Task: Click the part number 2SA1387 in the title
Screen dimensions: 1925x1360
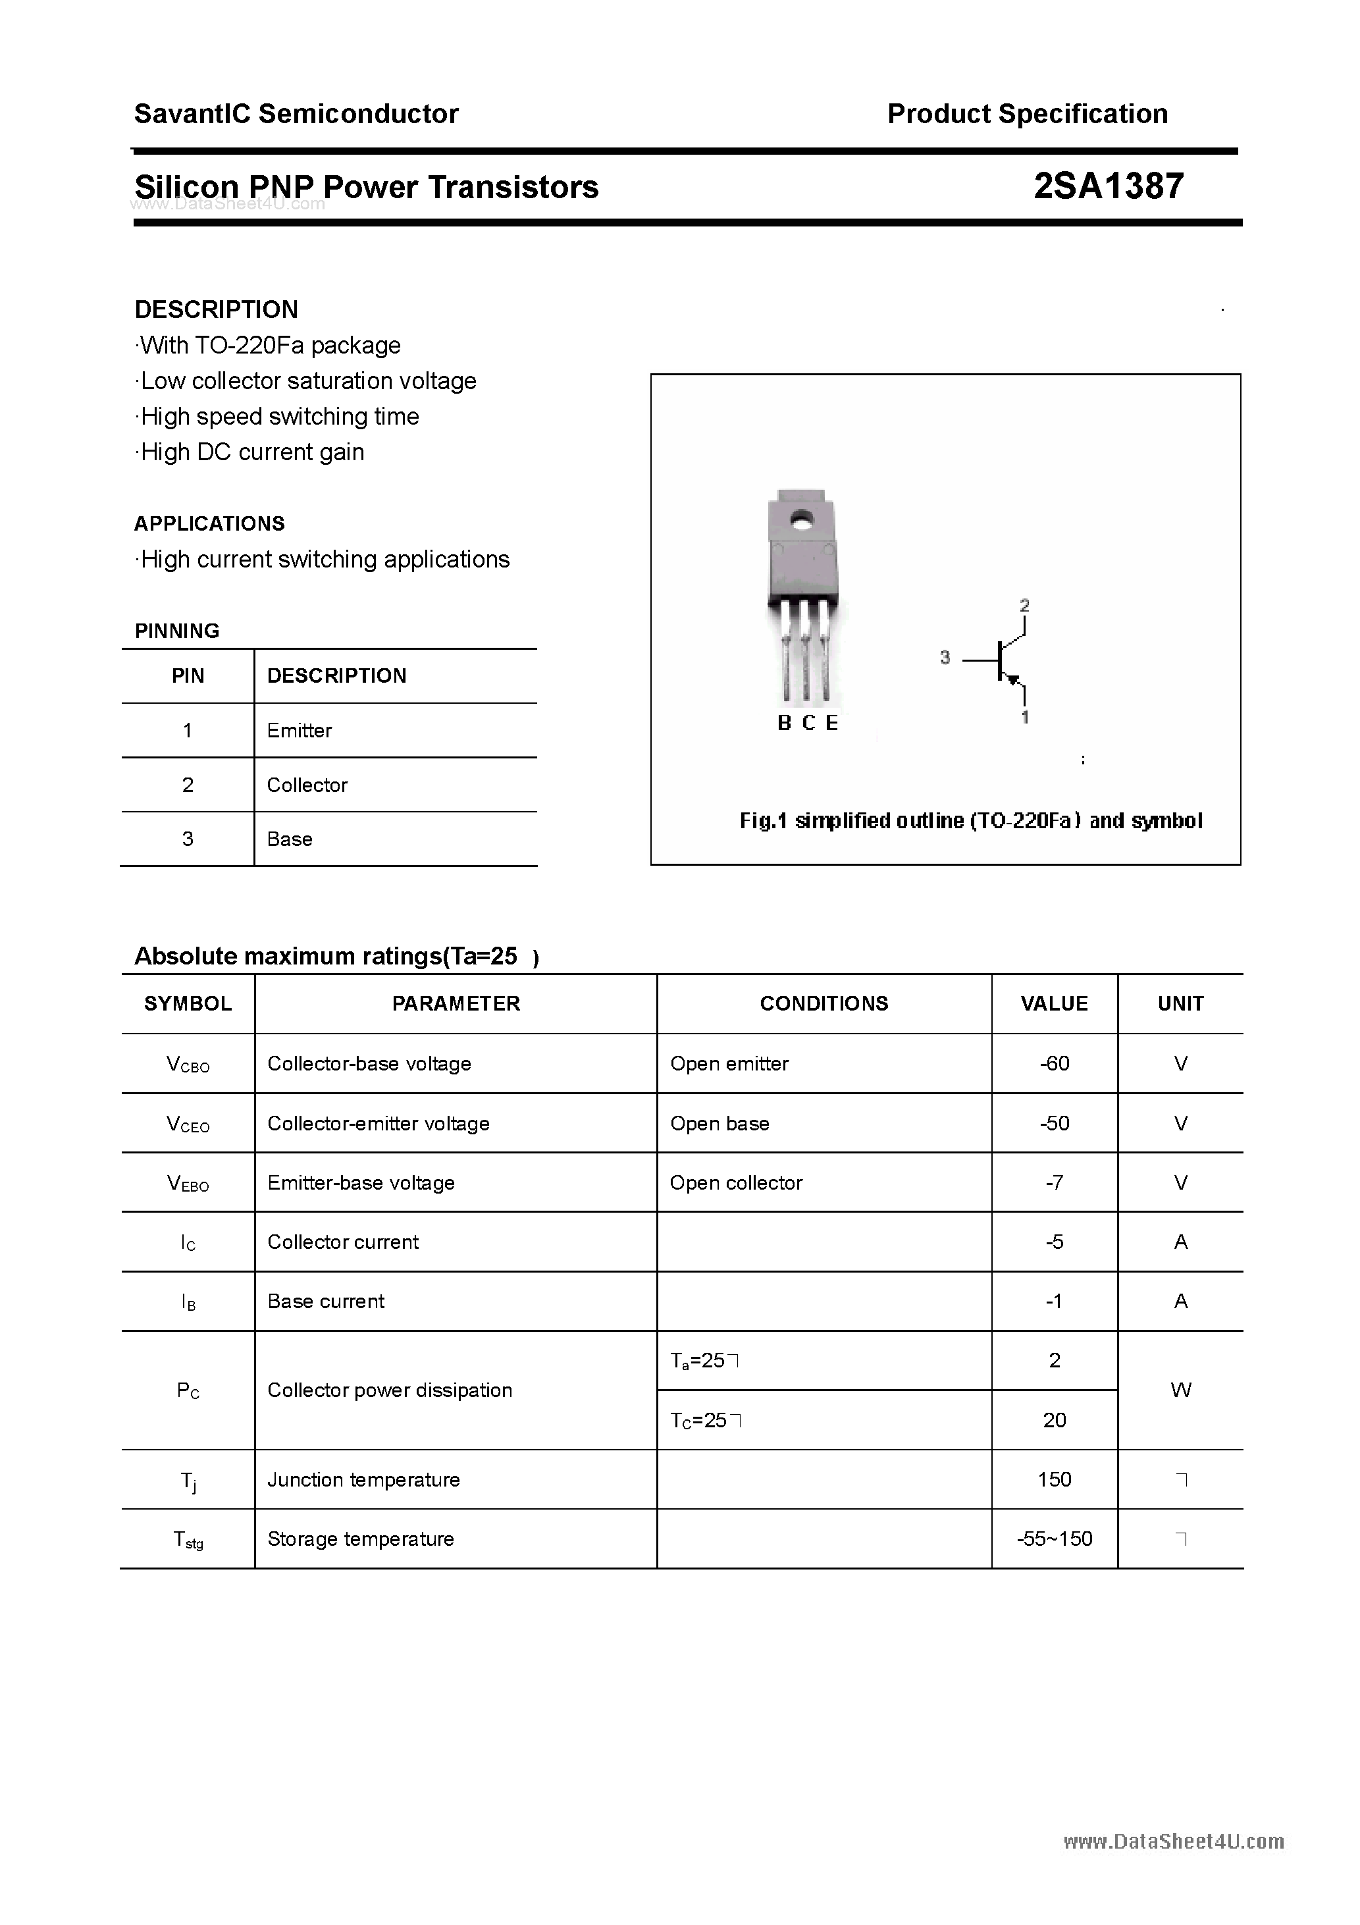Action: [x=1109, y=186]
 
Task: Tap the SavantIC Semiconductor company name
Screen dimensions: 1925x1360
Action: [x=296, y=113]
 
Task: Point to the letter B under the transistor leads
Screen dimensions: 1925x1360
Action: [x=784, y=723]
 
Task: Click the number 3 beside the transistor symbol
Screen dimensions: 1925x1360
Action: [x=945, y=657]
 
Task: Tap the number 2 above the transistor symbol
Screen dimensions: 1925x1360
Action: [x=1024, y=604]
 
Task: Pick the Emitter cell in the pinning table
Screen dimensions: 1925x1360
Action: [x=300, y=730]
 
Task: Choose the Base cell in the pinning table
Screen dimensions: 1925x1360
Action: [x=289, y=839]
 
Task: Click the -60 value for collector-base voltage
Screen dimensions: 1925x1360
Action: [x=1054, y=1063]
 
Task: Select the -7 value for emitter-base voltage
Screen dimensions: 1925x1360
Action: [x=1054, y=1182]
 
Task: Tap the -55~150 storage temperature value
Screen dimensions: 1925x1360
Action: [x=1054, y=1539]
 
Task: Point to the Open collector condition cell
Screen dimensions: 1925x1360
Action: [x=736, y=1182]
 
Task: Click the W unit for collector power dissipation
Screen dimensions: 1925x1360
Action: [x=1180, y=1390]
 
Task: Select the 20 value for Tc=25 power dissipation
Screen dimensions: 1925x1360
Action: [x=1054, y=1419]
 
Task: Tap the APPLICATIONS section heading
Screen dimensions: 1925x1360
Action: [x=209, y=523]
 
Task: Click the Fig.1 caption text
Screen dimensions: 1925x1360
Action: [x=970, y=820]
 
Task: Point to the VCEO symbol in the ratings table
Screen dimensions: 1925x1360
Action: [x=188, y=1124]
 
